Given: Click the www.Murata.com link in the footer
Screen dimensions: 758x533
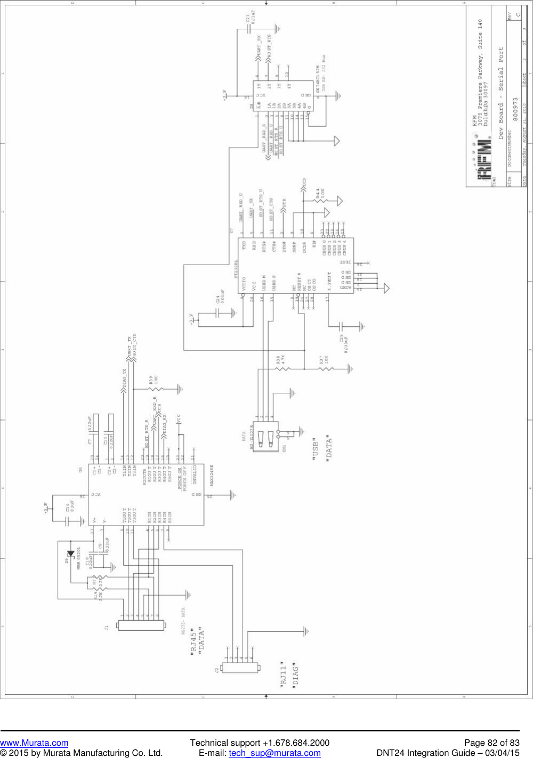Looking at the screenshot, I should [34, 743].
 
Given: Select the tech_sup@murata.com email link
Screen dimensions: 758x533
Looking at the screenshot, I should [274, 753].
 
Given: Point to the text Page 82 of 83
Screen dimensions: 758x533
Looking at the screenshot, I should [491, 743].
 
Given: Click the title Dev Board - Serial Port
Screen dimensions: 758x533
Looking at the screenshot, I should [500, 93].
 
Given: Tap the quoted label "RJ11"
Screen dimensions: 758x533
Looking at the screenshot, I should [284, 674].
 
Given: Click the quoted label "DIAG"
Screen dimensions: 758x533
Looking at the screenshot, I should [295, 675].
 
